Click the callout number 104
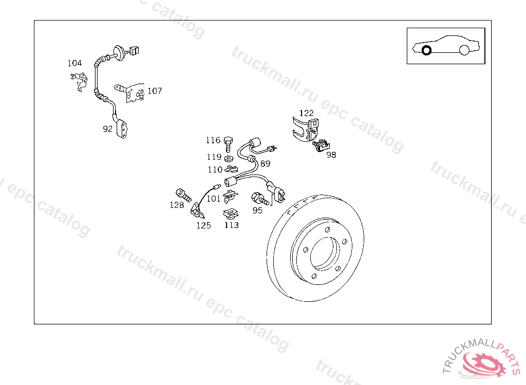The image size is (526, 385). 74,63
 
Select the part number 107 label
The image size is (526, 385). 155,91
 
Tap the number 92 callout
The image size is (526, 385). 107,129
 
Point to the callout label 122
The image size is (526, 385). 306,113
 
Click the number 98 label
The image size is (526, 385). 331,155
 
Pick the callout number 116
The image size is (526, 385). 213,140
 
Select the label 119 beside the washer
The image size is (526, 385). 214,157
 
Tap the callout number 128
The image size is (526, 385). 177,205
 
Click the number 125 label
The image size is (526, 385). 203,225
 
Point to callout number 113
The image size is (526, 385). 232,225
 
